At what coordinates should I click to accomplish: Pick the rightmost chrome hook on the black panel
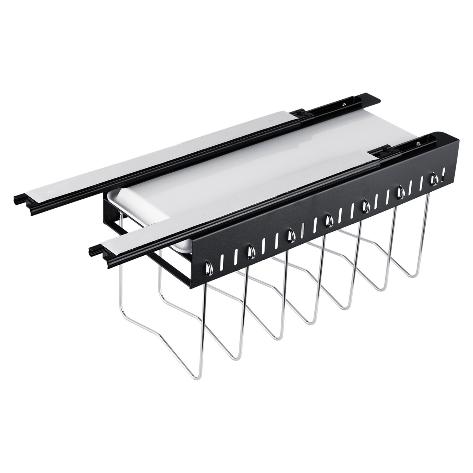[433, 179]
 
